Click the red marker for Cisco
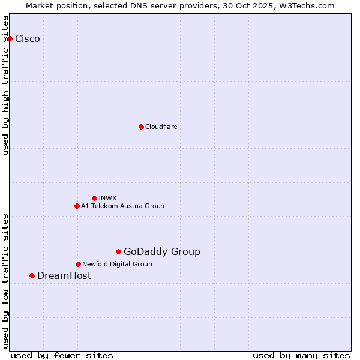click(x=10, y=38)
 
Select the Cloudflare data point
click(x=141, y=127)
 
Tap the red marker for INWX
click(x=94, y=198)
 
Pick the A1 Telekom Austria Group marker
click(x=77, y=206)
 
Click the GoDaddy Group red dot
click(x=118, y=251)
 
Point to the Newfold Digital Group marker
click(x=78, y=264)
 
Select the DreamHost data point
click(x=32, y=275)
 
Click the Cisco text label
click(x=28, y=39)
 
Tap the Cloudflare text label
click(x=161, y=127)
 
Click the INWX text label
click(x=107, y=198)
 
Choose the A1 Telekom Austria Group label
click(x=122, y=206)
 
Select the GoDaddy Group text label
click(x=162, y=252)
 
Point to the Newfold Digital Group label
click(x=117, y=264)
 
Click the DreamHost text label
click(x=64, y=276)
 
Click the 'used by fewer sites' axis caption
click(x=62, y=355)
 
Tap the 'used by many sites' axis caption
click(x=301, y=355)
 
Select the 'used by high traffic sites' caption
click(x=6, y=85)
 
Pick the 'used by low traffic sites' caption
click(x=6, y=281)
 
